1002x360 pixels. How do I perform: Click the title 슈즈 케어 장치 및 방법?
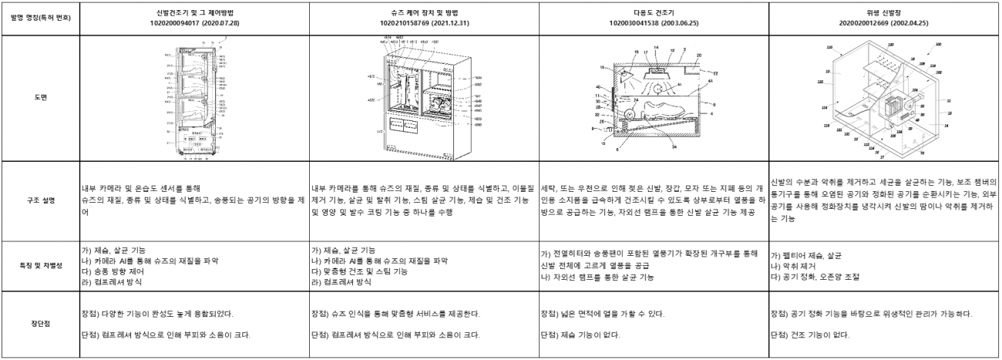(x=423, y=12)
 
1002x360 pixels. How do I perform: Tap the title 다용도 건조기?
(x=654, y=12)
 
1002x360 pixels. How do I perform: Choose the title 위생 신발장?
(x=885, y=12)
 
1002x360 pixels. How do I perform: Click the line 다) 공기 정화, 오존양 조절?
(x=815, y=276)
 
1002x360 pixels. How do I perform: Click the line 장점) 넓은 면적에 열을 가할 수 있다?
(x=602, y=314)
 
